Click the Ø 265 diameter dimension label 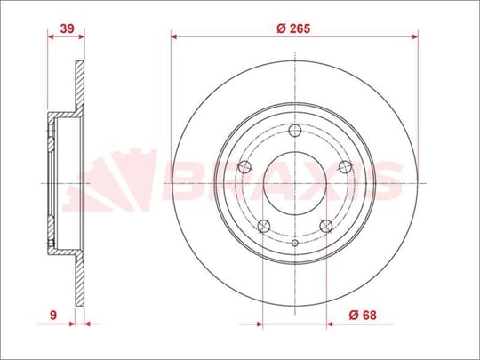click(x=293, y=28)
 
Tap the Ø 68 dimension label click(x=363, y=315)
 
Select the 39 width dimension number click(x=67, y=28)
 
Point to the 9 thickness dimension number click(x=53, y=315)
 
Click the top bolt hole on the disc click(x=295, y=131)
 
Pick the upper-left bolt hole click(x=244, y=167)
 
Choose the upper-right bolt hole click(x=345, y=167)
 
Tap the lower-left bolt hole click(x=264, y=227)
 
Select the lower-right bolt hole click(x=325, y=227)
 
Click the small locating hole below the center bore click(x=295, y=243)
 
